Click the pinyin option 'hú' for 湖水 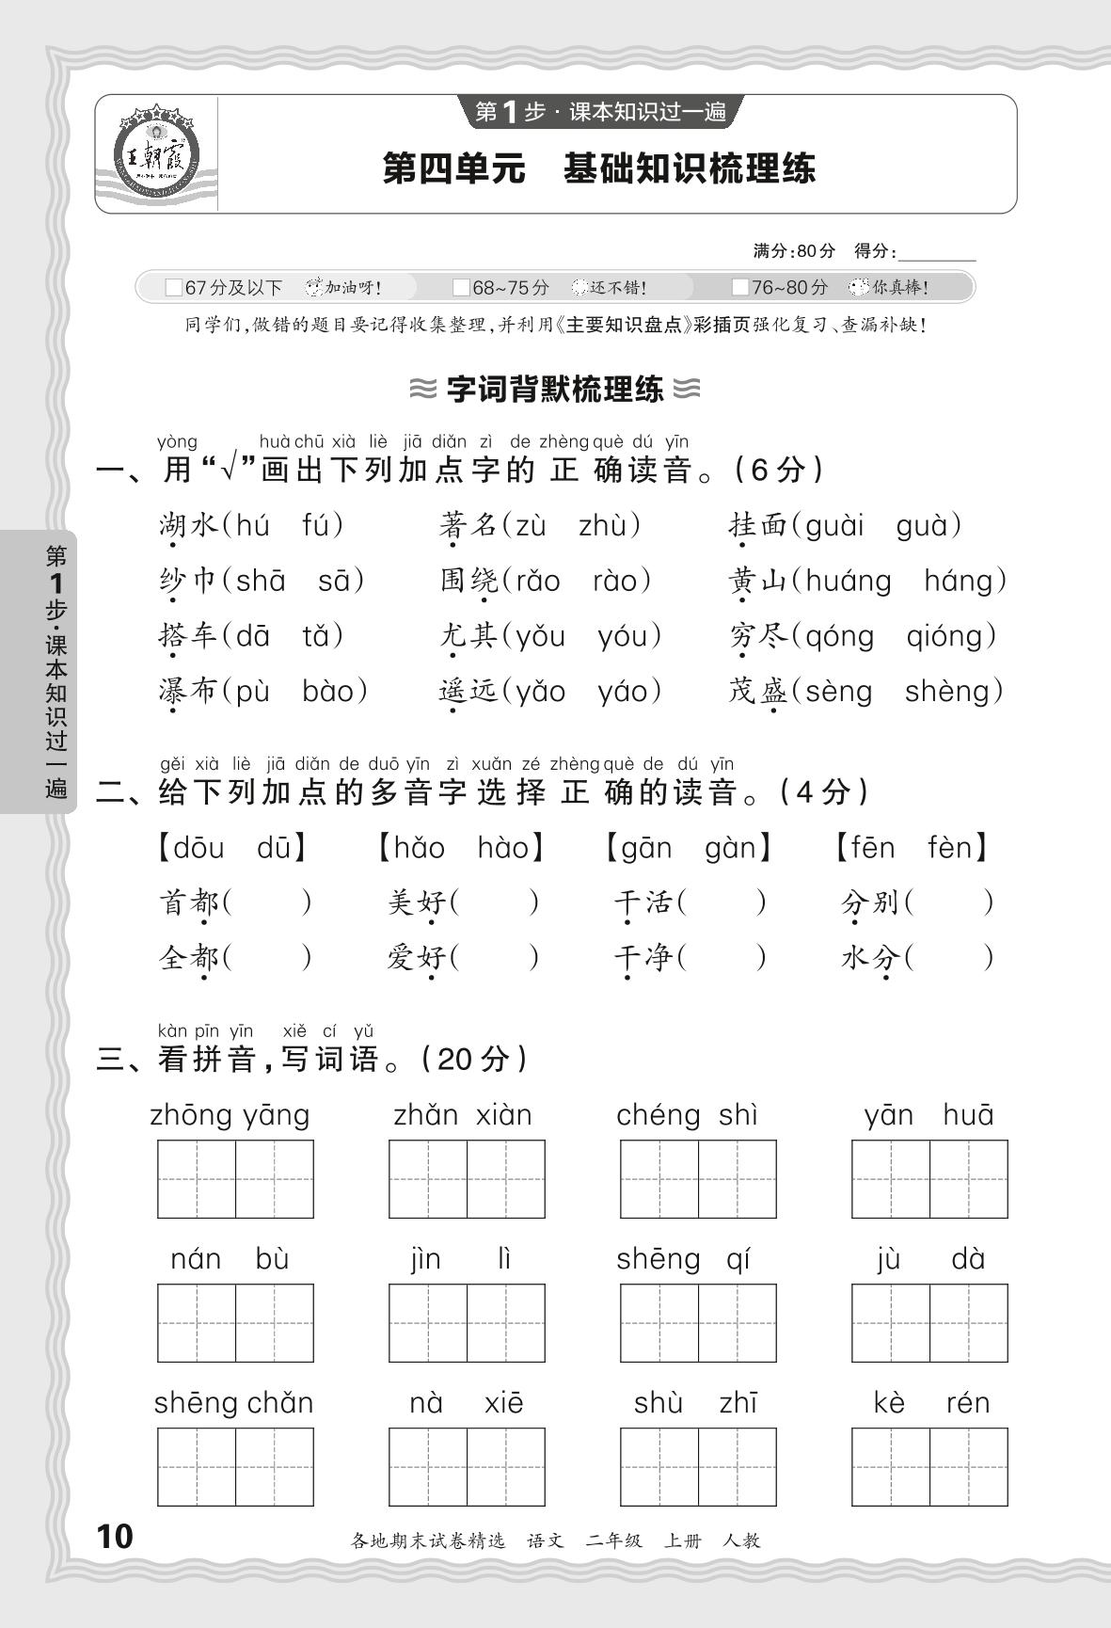(x=252, y=525)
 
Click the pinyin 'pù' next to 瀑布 (x=252, y=692)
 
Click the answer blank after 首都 (x=268, y=903)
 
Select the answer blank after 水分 (x=950, y=958)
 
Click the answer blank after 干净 (x=722, y=958)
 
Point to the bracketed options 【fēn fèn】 (x=911, y=848)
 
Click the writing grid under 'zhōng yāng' (x=235, y=1179)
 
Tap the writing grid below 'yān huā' (x=929, y=1179)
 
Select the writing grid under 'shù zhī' (x=698, y=1467)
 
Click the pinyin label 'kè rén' (x=929, y=1403)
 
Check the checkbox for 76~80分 (x=740, y=287)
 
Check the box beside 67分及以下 (x=173, y=287)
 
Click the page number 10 (x=115, y=1537)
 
